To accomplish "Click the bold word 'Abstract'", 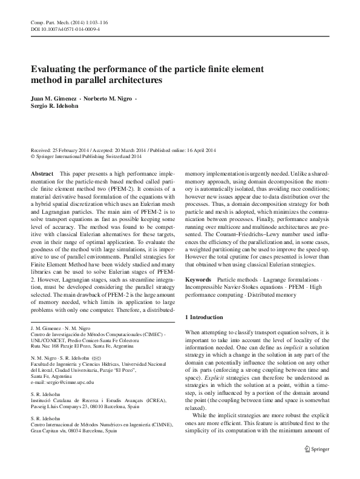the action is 41,173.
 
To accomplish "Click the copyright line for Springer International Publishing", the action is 85,156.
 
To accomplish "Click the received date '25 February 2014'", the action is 73,150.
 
